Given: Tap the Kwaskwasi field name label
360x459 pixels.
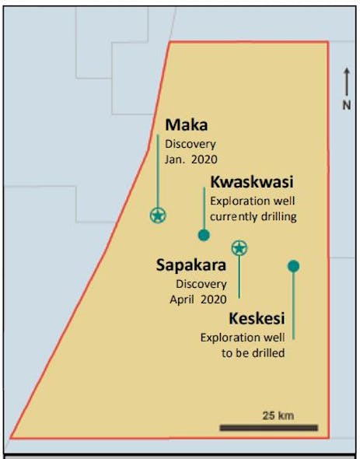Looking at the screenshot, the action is (251, 183).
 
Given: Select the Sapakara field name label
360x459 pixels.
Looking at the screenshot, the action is (190, 266).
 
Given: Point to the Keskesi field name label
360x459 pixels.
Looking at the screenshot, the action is (257, 319).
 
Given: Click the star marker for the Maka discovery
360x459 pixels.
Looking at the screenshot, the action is (158, 215).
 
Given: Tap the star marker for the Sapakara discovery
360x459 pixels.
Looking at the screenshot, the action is (239, 248).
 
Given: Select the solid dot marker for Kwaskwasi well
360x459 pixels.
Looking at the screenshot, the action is (204, 235).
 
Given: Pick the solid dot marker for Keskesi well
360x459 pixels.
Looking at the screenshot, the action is (293, 266).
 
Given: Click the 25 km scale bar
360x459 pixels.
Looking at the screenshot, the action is (268, 427).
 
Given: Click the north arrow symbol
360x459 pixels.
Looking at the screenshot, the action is (348, 82).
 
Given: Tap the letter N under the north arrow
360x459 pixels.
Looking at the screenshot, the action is (348, 105).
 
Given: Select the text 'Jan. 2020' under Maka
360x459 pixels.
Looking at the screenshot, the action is (190, 158).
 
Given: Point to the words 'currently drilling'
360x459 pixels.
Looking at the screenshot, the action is (253, 217).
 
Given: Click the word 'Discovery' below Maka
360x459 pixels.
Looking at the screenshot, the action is (190, 144).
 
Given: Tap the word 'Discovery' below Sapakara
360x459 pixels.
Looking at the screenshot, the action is (201, 285).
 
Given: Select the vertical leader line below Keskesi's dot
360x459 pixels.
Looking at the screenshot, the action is (293, 307).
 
